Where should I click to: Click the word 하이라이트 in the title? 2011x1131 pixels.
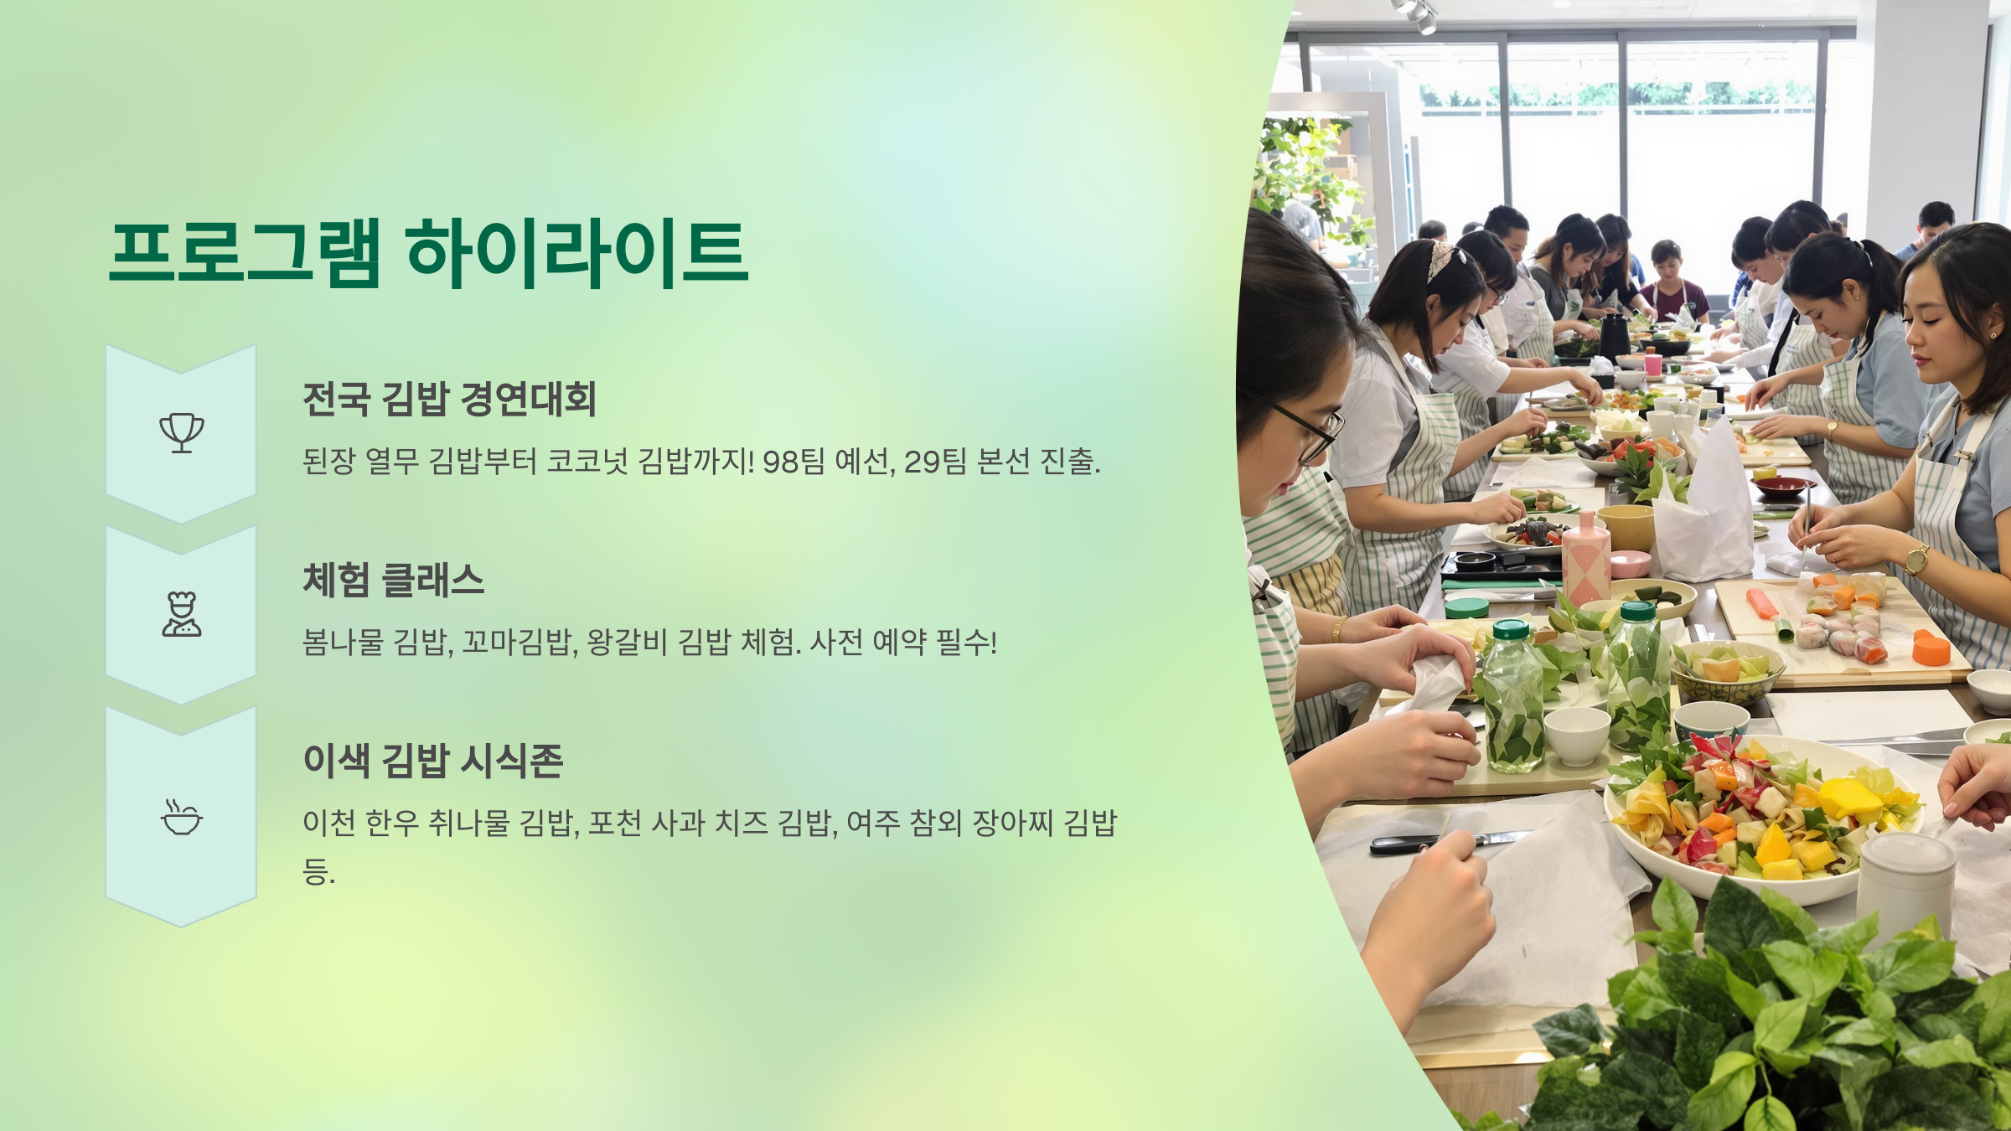[x=576, y=253]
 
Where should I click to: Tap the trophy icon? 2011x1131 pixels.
[x=182, y=432]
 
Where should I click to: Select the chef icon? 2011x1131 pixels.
[x=182, y=614]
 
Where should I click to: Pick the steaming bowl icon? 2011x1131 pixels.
[x=182, y=818]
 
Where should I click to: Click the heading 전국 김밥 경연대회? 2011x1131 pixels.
[x=449, y=399]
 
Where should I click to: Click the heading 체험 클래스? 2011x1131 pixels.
[x=394, y=580]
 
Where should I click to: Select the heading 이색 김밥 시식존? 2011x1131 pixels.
[x=433, y=761]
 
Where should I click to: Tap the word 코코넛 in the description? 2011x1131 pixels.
[x=587, y=462]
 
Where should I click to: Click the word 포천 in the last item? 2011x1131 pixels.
[x=614, y=823]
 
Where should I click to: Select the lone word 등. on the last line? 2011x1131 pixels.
[x=318, y=871]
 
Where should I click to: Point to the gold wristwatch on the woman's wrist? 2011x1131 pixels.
[x=1915, y=559]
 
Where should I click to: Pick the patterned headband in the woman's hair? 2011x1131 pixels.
[x=1443, y=258]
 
